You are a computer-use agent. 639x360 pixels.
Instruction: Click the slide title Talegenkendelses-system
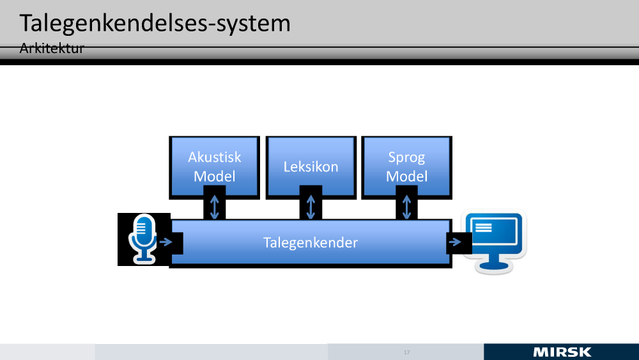pyautogui.click(x=155, y=24)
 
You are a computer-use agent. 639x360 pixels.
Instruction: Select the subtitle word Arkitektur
pyautogui.click(x=52, y=49)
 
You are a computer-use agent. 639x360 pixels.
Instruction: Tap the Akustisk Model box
pyautogui.click(x=215, y=166)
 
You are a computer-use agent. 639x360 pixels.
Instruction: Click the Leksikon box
pyautogui.click(x=311, y=167)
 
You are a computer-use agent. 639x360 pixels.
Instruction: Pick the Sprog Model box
pyautogui.click(x=406, y=166)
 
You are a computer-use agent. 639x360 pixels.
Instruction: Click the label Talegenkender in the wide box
pyautogui.click(x=311, y=242)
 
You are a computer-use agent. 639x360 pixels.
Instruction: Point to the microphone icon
pyautogui.click(x=142, y=239)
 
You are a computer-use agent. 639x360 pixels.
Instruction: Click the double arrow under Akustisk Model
pyautogui.click(x=215, y=207)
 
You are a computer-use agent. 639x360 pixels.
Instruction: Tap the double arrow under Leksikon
pyautogui.click(x=311, y=207)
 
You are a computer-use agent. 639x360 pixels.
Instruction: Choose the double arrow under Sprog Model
pyautogui.click(x=406, y=207)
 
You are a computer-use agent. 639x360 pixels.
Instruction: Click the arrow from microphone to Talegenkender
pyautogui.click(x=166, y=242)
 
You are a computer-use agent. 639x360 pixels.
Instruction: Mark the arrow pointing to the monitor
pyautogui.click(x=455, y=242)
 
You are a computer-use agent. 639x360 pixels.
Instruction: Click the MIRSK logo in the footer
pyautogui.click(x=562, y=352)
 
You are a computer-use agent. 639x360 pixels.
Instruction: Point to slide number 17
pyautogui.click(x=406, y=352)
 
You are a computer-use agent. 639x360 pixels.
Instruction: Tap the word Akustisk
pyautogui.click(x=215, y=157)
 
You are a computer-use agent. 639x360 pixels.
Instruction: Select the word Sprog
pyautogui.click(x=406, y=157)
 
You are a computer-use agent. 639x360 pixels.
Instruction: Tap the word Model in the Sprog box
pyautogui.click(x=406, y=176)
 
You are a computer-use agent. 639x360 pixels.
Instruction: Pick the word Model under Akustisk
pyautogui.click(x=215, y=176)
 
